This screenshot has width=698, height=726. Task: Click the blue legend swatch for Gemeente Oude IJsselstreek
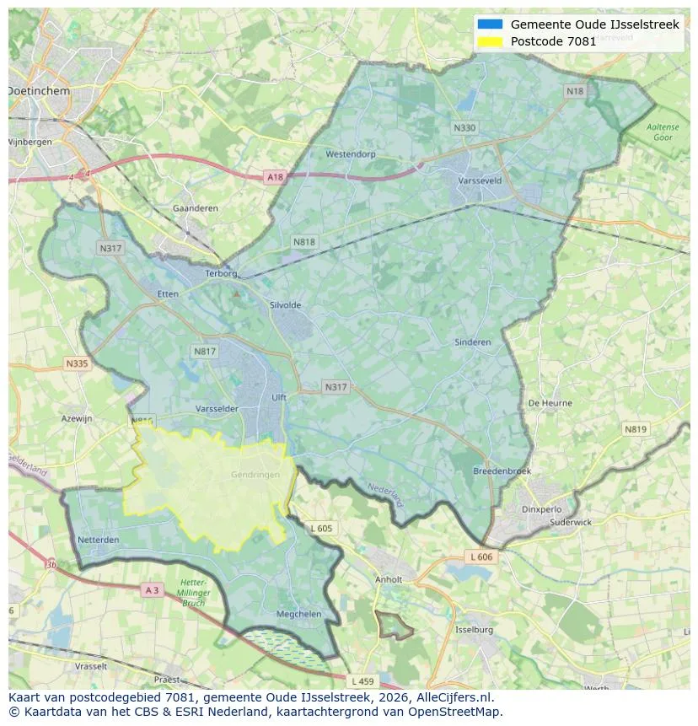tap(490, 24)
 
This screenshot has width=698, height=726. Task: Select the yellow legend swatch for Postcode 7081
tap(490, 41)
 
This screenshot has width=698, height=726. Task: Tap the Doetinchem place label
tap(39, 89)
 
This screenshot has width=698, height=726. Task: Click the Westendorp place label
tap(350, 154)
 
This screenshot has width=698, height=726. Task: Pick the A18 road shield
tap(275, 176)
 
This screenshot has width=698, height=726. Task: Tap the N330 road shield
tap(464, 128)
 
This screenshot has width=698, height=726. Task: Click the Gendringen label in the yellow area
tap(255, 475)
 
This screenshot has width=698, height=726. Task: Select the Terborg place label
tap(223, 273)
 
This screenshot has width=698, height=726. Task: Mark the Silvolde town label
tap(285, 305)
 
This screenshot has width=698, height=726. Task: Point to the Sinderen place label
tap(472, 342)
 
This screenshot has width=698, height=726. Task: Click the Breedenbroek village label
tap(502, 471)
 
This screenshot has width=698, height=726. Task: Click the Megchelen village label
tap(299, 614)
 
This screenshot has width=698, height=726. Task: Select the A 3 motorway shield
tap(152, 590)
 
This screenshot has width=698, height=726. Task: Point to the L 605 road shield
tap(321, 528)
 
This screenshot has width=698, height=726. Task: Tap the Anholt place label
tap(389, 579)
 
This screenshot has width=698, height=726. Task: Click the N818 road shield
tap(304, 242)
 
